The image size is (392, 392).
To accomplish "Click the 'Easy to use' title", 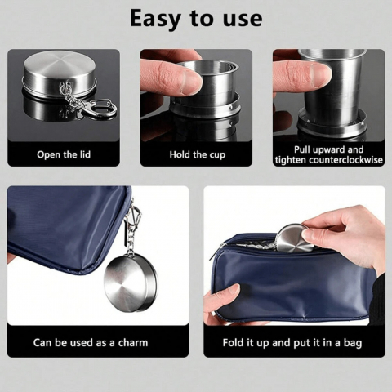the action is pos(196,19).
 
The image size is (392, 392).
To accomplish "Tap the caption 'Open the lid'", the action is pos(64,154).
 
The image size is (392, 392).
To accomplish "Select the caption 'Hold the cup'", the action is pos(198,155).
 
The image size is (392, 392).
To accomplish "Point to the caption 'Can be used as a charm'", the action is pos(91,342).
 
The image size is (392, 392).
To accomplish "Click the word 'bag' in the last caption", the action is pos(353,343).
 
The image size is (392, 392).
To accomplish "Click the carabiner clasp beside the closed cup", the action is pos(103,108).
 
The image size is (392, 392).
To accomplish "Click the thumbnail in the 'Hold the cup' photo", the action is pos(191,81).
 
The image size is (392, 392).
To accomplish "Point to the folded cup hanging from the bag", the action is pos(130,283).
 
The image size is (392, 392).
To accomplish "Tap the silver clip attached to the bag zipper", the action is pos(135,215).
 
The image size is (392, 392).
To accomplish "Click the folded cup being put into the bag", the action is pos(294,238).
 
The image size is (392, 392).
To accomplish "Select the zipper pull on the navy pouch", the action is pos(216,252).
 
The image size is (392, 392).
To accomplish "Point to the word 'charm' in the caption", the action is pos(133,342).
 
